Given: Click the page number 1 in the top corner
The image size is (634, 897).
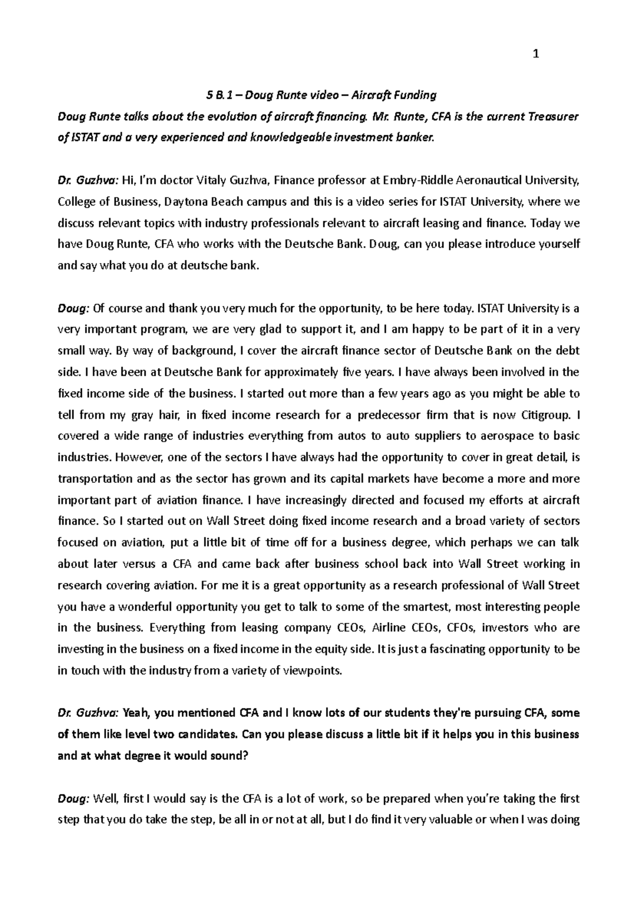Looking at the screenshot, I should [537, 53].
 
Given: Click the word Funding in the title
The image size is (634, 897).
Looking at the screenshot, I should [417, 96].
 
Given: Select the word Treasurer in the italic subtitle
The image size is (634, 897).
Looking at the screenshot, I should [554, 117].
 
